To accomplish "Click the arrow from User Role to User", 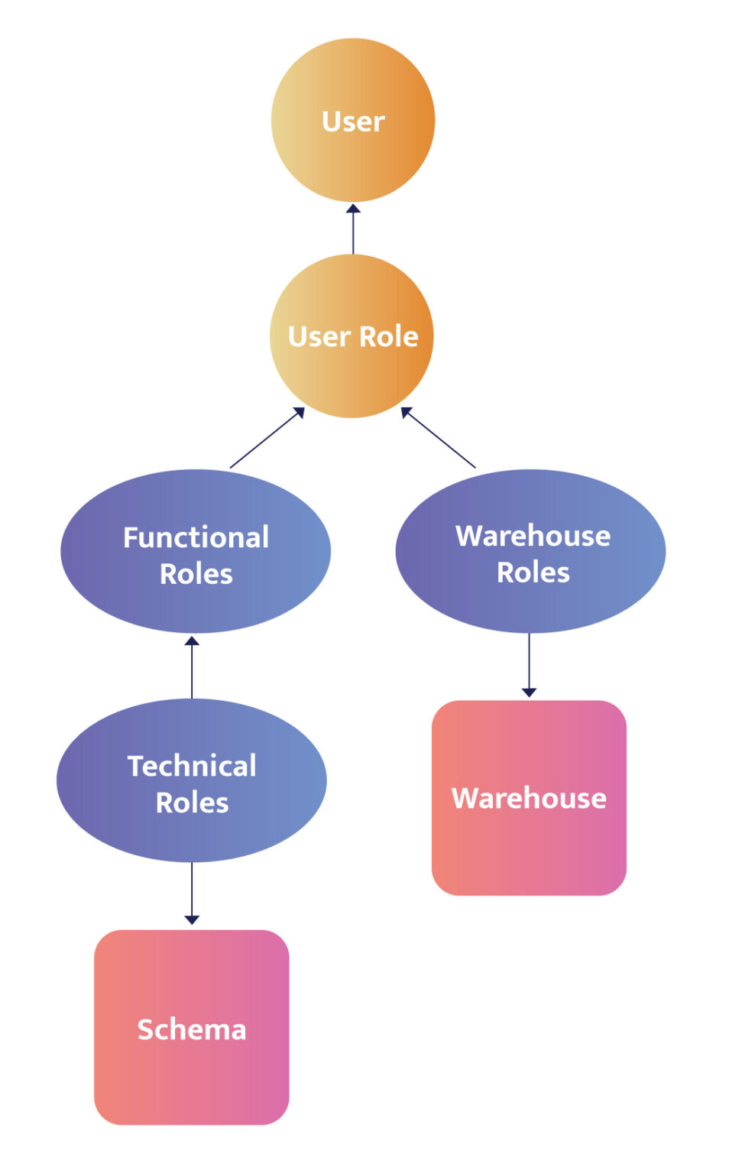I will [353, 229].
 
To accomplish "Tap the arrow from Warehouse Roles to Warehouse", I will [529, 665].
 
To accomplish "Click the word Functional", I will [196, 537].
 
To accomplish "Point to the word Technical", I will [192, 766].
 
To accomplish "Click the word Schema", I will [192, 1030].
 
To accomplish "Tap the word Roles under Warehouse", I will [533, 572].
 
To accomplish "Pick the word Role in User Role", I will [389, 336].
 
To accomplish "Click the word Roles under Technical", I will [193, 803].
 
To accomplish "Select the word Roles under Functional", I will [196, 574].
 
